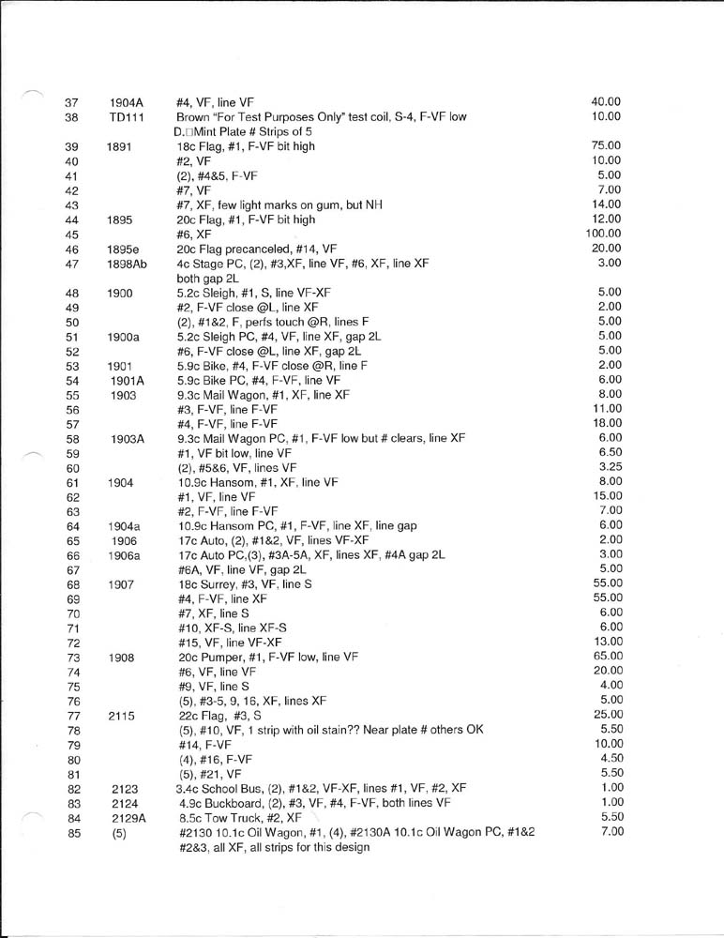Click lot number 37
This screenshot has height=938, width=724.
71,102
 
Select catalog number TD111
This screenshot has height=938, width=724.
124,117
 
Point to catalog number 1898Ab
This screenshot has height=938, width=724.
127,264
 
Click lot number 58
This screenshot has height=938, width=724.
71,438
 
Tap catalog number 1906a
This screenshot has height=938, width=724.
125,554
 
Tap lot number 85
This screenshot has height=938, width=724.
71,833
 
